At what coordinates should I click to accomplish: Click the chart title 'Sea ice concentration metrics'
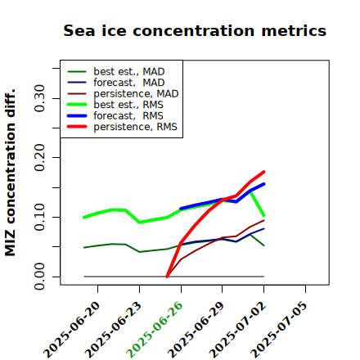[195, 31]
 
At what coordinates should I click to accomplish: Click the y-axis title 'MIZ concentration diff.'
[10, 173]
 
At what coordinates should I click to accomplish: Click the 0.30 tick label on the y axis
[39, 98]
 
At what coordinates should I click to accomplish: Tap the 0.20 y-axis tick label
[39, 158]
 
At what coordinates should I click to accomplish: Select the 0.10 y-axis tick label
[39, 217]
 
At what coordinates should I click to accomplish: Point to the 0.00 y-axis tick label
[39, 277]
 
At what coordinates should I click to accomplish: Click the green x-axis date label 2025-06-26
[155, 330]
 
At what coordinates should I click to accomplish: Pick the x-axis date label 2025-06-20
[71, 330]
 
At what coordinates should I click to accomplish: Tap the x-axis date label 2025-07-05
[279, 330]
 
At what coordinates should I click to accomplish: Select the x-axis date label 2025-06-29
[196, 330]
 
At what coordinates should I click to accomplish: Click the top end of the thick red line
[264, 172]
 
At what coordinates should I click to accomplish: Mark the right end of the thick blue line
[264, 184]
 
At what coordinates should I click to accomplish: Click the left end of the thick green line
[84, 218]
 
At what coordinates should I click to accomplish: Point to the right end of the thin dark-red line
[264, 220]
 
